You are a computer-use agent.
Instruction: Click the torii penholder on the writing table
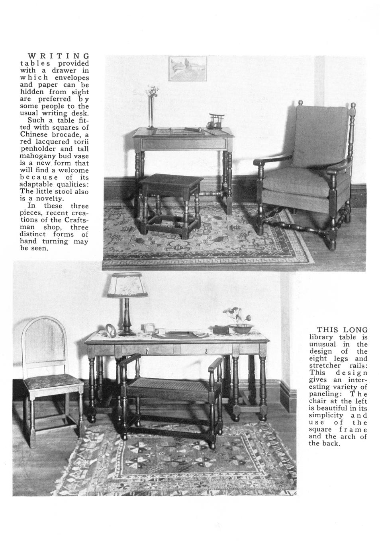click(216, 121)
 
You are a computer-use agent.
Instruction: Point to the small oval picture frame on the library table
click(110, 330)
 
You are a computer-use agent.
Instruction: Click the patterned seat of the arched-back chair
click(52, 384)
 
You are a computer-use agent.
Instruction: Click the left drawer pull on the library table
click(147, 351)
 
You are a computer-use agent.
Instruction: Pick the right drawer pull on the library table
click(207, 351)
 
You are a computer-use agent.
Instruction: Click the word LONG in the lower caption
click(355, 330)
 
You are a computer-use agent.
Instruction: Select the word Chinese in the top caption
click(35, 134)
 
